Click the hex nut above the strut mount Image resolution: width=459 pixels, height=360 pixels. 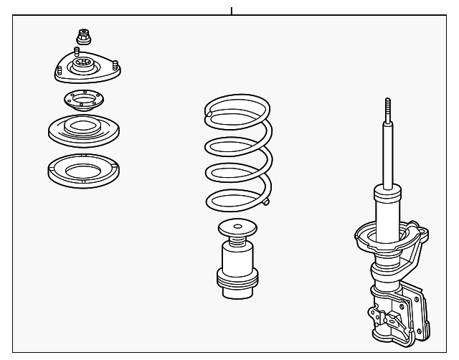[82, 35]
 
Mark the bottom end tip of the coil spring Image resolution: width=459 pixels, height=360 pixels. [266, 203]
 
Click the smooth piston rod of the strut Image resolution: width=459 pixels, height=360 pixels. [388, 154]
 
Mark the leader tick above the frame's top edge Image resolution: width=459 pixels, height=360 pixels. [231, 11]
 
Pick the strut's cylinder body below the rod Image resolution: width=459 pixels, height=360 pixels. [387, 208]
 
